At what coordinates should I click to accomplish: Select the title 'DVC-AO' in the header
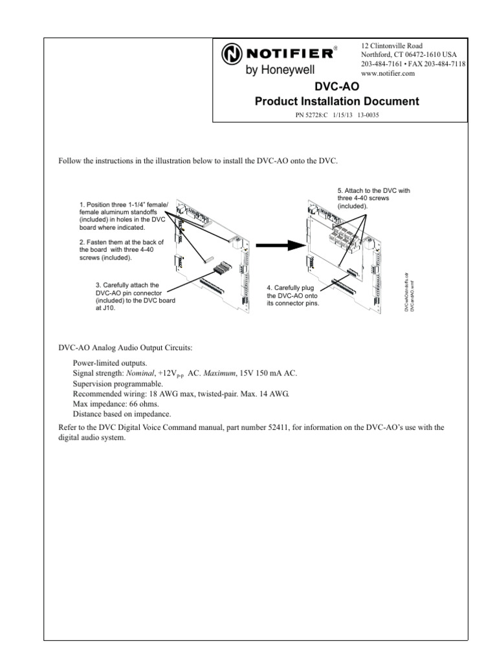[x=336, y=87]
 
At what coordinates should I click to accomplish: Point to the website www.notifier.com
[x=388, y=73]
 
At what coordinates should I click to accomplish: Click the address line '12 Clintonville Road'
[x=392, y=46]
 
